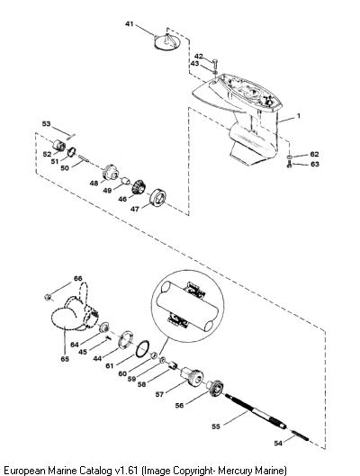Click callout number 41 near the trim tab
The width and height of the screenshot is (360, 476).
130,23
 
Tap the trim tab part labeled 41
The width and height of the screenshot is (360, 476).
166,41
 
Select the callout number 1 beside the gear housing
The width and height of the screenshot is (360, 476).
299,116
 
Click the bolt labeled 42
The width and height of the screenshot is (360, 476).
215,64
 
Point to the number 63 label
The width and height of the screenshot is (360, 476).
315,164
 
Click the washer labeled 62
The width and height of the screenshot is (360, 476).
289,157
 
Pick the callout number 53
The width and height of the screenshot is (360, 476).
46,124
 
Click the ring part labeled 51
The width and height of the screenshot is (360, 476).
71,152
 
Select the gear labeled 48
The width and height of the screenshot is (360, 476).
110,173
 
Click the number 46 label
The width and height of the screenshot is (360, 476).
122,199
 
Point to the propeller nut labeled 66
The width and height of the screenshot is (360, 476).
48,297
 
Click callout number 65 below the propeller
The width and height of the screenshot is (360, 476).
65,359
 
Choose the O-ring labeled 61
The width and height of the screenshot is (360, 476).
142,348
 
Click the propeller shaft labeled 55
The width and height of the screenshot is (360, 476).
256,411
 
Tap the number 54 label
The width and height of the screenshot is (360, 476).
278,444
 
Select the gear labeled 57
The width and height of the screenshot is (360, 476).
191,376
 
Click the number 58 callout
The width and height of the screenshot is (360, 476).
141,384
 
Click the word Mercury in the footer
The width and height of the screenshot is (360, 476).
234,471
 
